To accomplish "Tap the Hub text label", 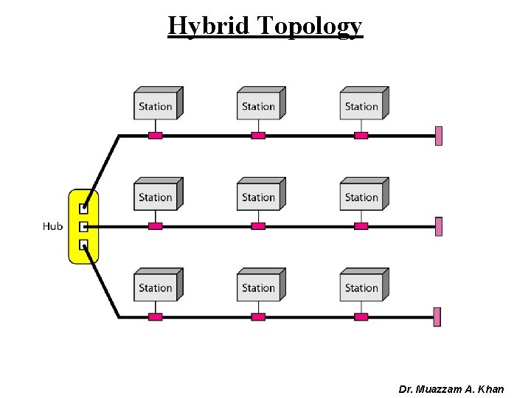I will pyautogui.click(x=52, y=227).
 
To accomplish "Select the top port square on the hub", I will pyautogui.click(x=83, y=209).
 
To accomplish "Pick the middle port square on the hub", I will pyautogui.click(x=83, y=227).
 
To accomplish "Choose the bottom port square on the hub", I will pyautogui.click(x=83, y=245).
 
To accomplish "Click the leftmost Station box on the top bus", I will pyautogui.click(x=156, y=105).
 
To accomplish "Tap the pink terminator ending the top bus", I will pyautogui.click(x=439, y=136).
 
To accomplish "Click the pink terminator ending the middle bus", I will pyautogui.click(x=439, y=226).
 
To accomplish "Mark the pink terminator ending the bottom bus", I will pyautogui.click(x=437, y=317).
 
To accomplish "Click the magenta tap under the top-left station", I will pyautogui.click(x=155, y=136).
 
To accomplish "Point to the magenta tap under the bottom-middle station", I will pyautogui.click(x=258, y=317).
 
